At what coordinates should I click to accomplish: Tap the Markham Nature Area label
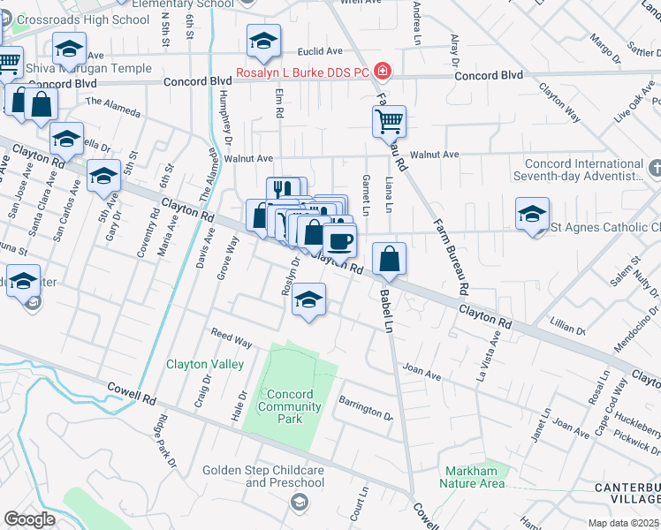coord(473,477)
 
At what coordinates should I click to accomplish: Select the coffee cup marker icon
coord(338,239)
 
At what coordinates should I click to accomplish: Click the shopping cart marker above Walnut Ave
coord(389,120)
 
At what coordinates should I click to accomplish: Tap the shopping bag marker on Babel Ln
coord(389,259)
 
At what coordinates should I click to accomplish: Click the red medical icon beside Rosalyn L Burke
coord(383,71)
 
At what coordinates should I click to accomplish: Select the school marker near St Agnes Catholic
coord(533,214)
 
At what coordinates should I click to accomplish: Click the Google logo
coord(29,519)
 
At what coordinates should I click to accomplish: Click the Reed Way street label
coord(231,337)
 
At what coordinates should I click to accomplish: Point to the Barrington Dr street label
coord(366,407)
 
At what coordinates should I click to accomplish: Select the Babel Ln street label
coord(386,311)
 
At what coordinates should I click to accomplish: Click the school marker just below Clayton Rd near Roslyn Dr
coord(308,300)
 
